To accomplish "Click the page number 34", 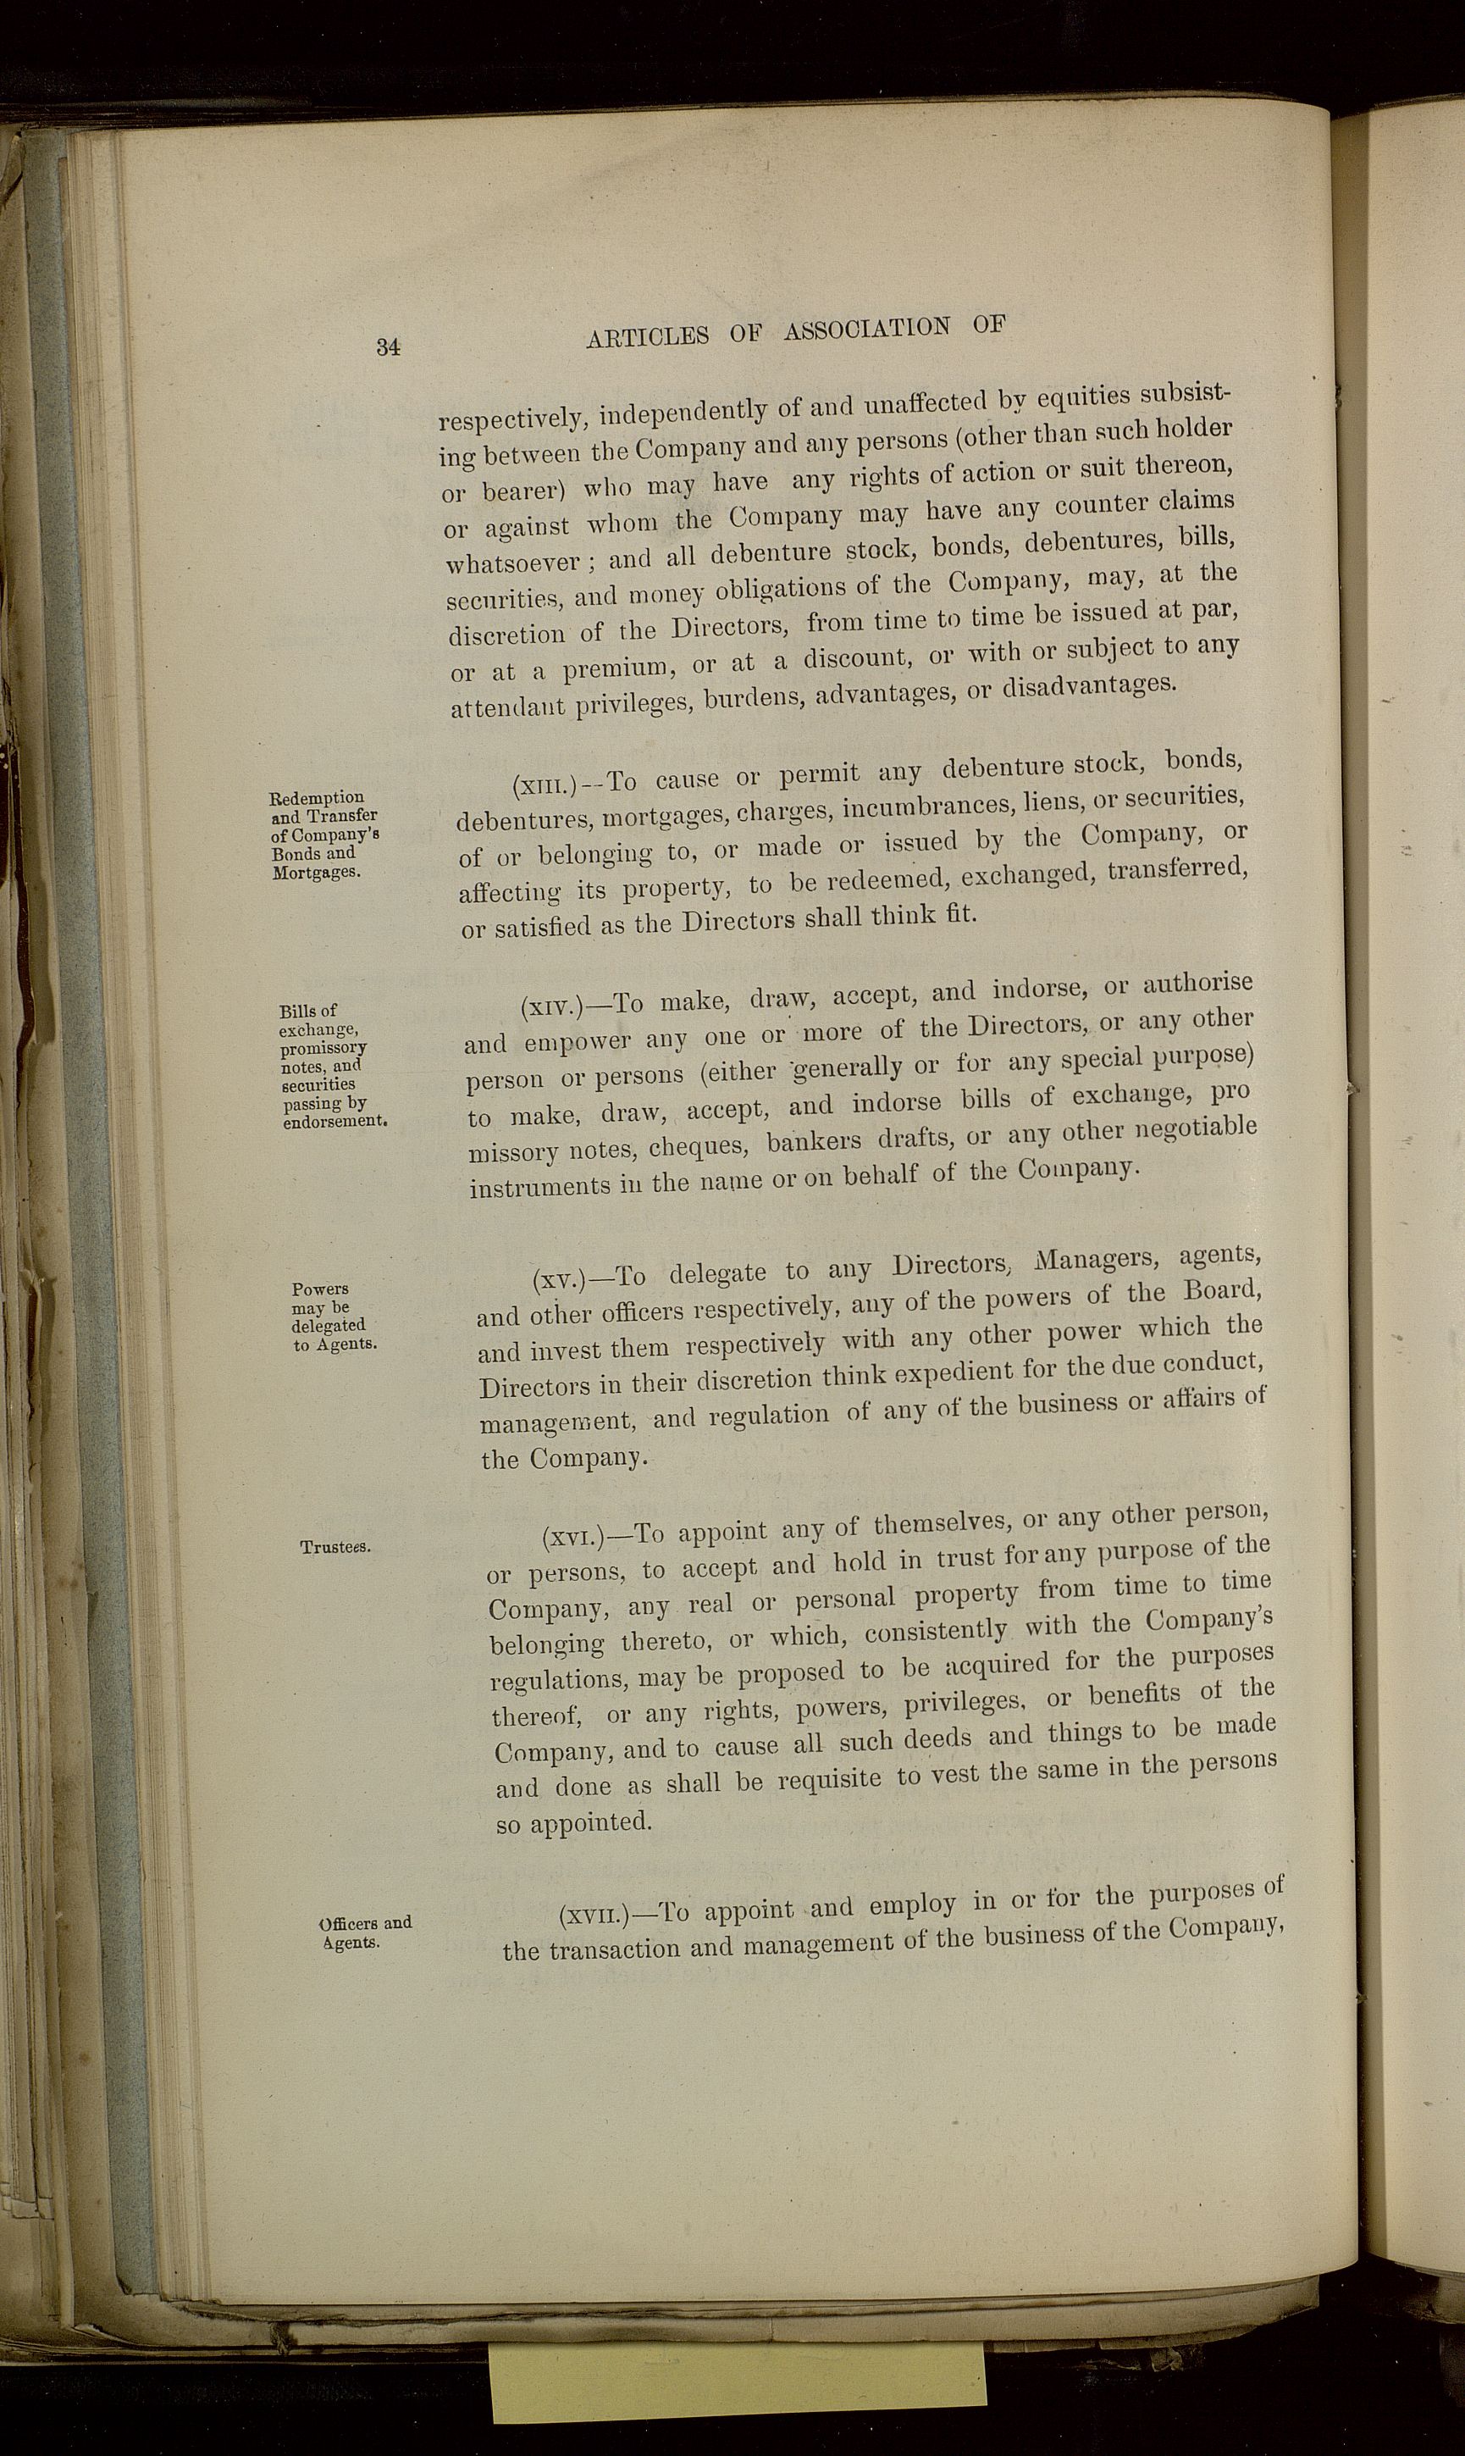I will point(388,346).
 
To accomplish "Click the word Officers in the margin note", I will point(349,1924).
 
